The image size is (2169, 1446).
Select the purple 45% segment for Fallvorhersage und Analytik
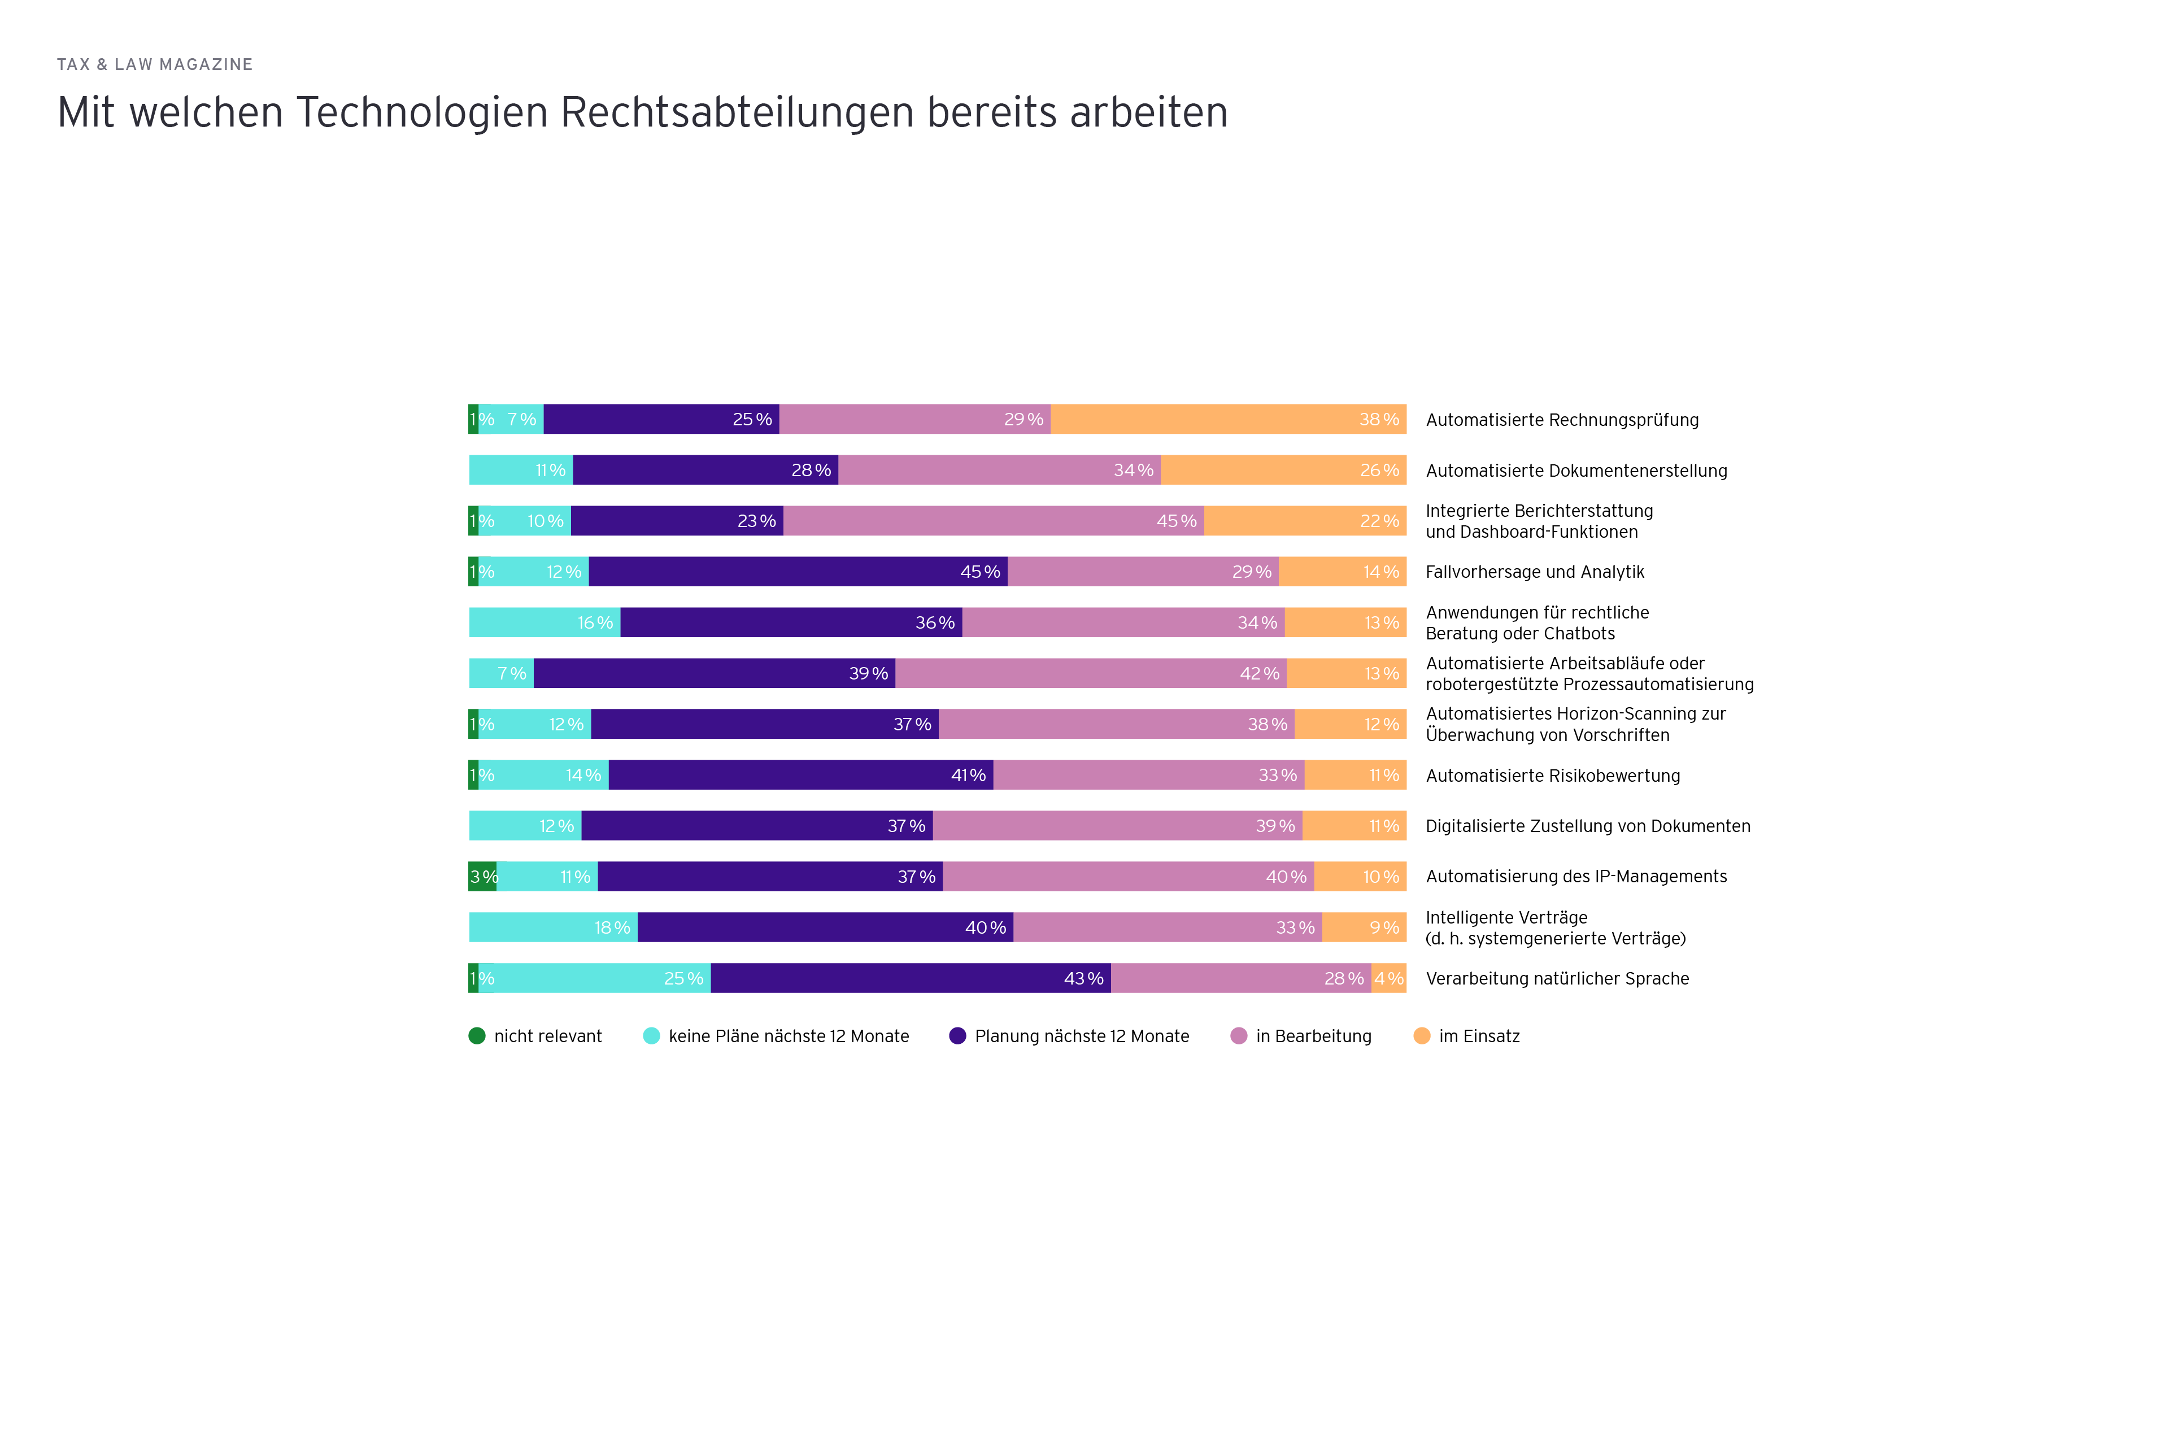click(798, 572)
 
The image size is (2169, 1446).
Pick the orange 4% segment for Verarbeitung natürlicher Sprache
click(1388, 978)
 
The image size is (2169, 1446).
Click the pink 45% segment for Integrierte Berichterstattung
click(993, 521)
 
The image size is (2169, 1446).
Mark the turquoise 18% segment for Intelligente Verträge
click(554, 927)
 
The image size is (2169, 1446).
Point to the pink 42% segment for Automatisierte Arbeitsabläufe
click(1091, 673)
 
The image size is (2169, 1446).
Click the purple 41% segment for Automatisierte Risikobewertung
click(800, 774)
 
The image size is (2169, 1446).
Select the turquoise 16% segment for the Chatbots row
click(544, 622)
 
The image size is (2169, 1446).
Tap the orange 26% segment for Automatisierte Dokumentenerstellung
click(1283, 471)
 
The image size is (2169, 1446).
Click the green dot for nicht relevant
click(477, 1035)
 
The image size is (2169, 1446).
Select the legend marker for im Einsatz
click(1421, 1035)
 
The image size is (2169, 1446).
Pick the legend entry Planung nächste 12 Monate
click(1081, 1035)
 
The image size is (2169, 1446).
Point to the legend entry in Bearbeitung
click(1312, 1035)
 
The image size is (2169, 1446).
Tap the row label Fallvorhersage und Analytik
click(1535, 572)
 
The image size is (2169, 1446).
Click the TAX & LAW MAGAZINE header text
click(155, 64)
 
